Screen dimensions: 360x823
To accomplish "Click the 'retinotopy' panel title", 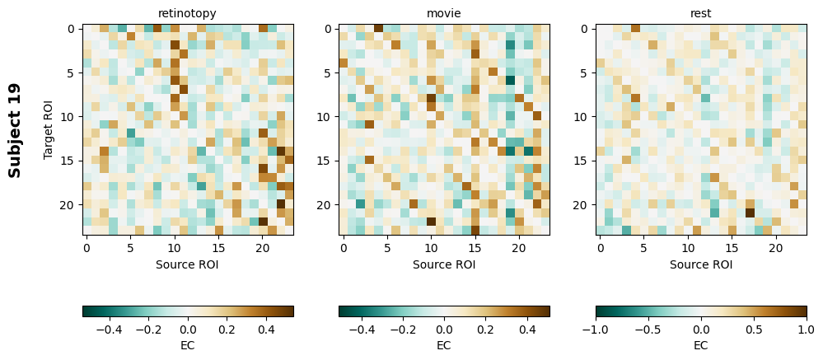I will [188, 13].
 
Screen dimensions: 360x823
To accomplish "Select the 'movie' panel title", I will [444, 13].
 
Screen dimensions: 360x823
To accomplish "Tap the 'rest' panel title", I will [701, 13].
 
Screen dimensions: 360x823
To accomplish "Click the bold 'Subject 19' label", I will [15, 130].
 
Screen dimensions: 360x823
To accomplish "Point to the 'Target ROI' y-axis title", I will [49, 130].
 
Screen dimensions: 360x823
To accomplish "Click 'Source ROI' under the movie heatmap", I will [444, 264].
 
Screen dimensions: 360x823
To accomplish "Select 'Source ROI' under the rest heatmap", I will [701, 264].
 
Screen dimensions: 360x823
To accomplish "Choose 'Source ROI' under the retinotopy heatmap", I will [188, 264].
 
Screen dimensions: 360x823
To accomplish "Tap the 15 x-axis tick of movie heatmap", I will [475, 247].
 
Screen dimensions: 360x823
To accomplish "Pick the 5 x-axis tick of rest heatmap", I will [643, 247].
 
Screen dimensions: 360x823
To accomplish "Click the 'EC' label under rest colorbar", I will [701, 345].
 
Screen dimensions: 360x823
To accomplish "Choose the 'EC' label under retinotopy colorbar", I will [188, 345].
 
